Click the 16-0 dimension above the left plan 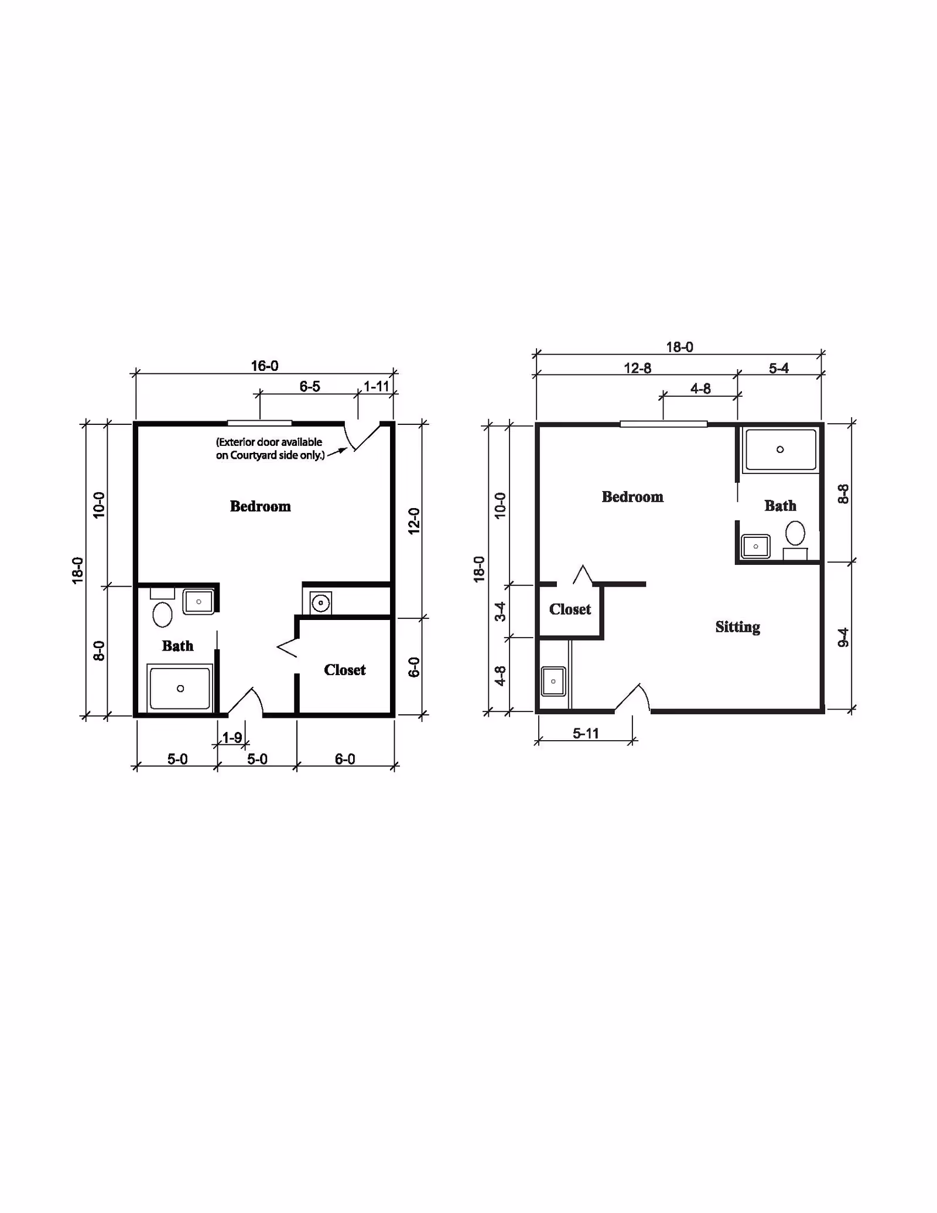tap(265, 366)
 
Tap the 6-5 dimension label tap(310, 387)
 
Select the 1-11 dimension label tap(377, 387)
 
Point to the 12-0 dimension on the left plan tap(414, 520)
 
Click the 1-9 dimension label tap(232, 737)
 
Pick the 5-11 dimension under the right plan tap(586, 734)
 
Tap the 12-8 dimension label tap(637, 369)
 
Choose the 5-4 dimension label tap(779, 369)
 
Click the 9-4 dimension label tap(843, 637)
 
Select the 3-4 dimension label tap(500, 611)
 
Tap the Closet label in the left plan tap(345, 670)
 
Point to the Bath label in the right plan tap(780, 506)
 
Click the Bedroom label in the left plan tap(260, 506)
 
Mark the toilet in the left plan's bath tap(162, 607)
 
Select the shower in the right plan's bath tap(780, 449)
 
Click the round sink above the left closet tap(321, 603)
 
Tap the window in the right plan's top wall tap(664, 424)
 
